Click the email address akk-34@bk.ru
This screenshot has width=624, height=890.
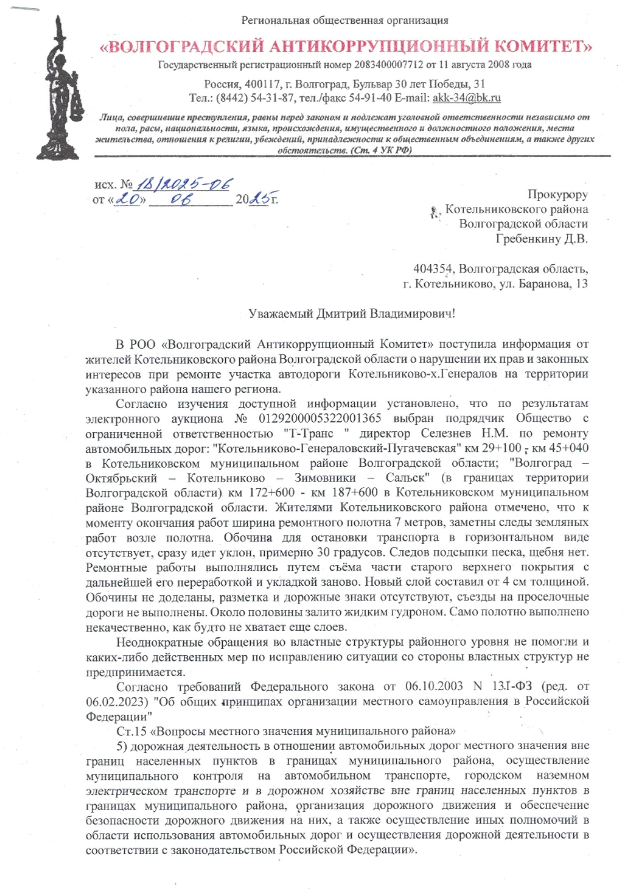click(466, 98)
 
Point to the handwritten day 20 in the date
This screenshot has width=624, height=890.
click(129, 199)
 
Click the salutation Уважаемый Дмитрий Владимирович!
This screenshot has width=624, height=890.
click(351, 314)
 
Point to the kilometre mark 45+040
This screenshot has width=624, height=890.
click(567, 448)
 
